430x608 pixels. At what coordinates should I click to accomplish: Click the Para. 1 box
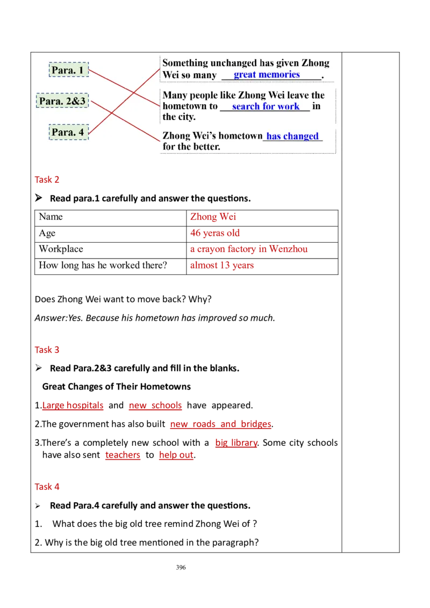(x=68, y=70)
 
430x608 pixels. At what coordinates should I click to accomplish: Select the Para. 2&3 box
(x=62, y=100)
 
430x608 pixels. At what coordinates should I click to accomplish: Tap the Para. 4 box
(x=68, y=132)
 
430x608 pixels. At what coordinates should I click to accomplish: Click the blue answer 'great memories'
(x=267, y=75)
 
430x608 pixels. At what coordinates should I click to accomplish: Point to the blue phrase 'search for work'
(x=266, y=106)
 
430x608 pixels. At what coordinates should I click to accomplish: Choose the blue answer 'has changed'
(x=292, y=136)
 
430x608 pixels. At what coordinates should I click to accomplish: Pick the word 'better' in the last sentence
(x=206, y=147)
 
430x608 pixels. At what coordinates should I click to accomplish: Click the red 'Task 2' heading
(x=47, y=180)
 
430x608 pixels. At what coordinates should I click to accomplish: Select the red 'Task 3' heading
(x=47, y=350)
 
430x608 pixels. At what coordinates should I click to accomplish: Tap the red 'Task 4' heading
(x=47, y=487)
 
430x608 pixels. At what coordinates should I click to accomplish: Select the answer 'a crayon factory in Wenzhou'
(x=249, y=249)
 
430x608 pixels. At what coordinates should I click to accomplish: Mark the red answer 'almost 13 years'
(x=221, y=265)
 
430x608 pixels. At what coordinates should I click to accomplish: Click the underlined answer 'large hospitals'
(x=73, y=406)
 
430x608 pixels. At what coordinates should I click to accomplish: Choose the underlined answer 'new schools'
(x=155, y=406)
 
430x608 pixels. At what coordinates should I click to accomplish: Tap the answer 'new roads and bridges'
(x=220, y=425)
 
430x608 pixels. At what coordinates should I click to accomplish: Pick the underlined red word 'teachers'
(x=123, y=456)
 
